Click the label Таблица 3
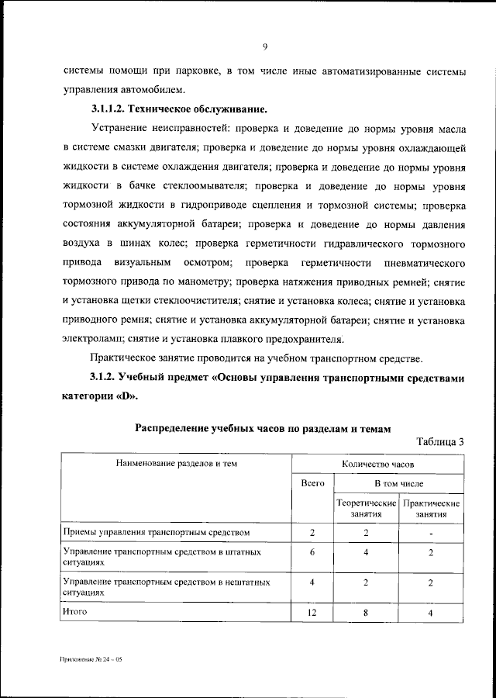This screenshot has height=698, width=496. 439,441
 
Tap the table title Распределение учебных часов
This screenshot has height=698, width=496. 263,427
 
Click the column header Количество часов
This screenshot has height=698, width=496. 377,463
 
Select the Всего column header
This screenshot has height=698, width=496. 312,483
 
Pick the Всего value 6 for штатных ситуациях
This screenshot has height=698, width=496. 312,551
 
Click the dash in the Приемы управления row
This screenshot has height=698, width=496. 431,534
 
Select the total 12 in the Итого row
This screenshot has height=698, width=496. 312,613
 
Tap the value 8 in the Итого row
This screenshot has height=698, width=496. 366,613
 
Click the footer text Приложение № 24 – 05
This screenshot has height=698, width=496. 90,658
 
